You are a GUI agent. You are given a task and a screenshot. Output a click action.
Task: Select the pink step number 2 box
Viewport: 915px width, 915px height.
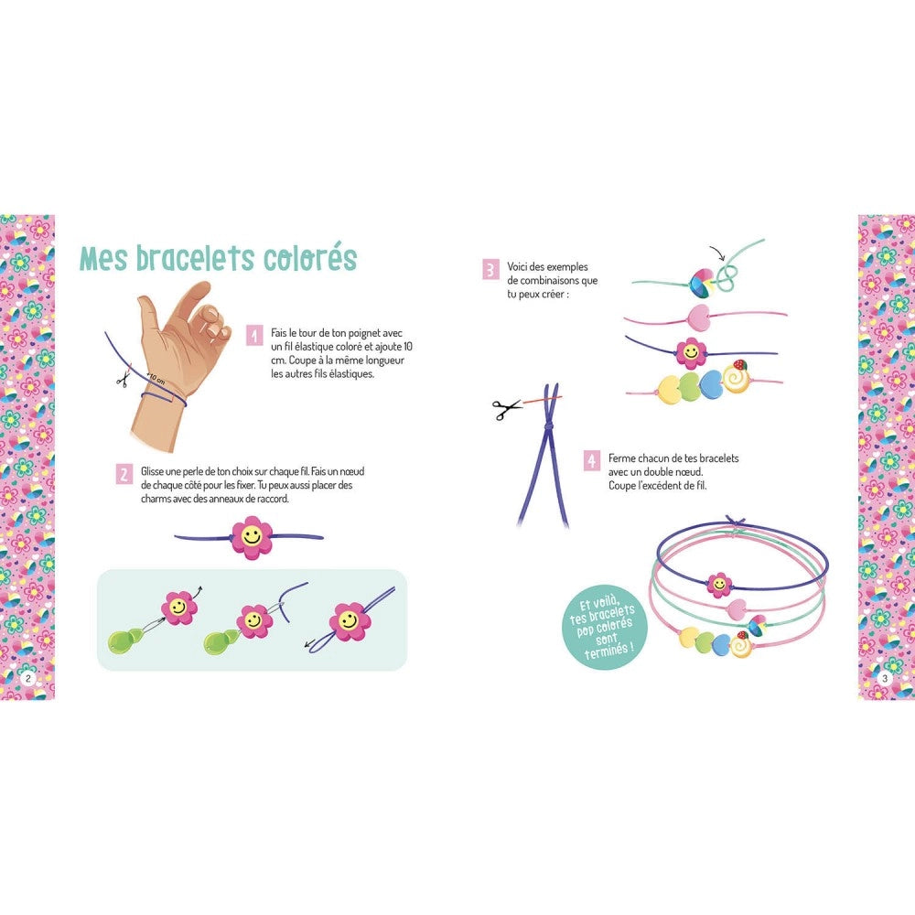click(124, 475)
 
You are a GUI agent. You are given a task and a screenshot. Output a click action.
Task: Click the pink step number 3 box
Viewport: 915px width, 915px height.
click(490, 269)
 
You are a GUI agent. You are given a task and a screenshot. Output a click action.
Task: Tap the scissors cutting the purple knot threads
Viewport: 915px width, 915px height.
click(506, 408)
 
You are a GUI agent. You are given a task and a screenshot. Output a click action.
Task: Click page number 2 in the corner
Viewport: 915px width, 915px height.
click(28, 678)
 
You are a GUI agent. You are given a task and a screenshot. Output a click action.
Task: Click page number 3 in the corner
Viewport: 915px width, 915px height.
click(885, 678)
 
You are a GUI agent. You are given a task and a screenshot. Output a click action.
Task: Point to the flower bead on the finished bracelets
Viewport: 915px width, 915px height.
click(718, 583)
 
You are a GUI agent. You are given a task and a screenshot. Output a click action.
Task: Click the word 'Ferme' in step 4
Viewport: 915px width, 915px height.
click(625, 458)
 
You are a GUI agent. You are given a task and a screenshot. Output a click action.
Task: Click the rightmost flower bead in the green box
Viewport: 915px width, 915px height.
click(348, 621)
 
